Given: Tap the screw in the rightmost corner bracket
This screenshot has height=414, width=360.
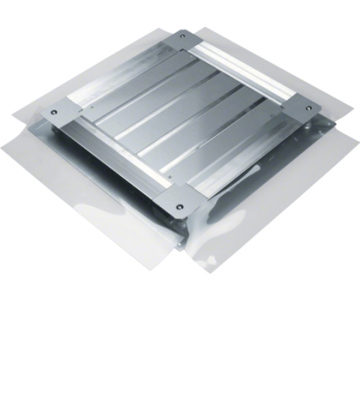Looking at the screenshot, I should [x=308, y=107].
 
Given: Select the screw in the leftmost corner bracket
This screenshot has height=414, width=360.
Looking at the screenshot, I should [x=54, y=111].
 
